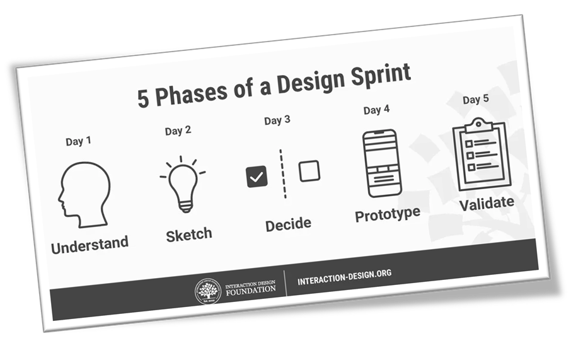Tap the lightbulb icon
click(183, 184)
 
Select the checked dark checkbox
click(257, 177)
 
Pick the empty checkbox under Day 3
click(309, 171)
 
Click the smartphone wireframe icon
click(382, 163)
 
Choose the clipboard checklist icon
click(482, 154)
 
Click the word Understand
click(90, 245)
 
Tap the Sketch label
click(189, 235)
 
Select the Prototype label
click(388, 214)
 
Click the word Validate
click(487, 203)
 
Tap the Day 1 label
click(78, 141)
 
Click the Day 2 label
click(178, 131)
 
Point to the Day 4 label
click(376, 110)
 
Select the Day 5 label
click(476, 100)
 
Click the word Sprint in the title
click(381, 76)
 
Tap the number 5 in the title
click(143, 98)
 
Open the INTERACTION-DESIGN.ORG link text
click(345, 277)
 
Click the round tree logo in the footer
click(207, 291)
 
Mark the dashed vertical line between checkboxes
click(283, 174)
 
